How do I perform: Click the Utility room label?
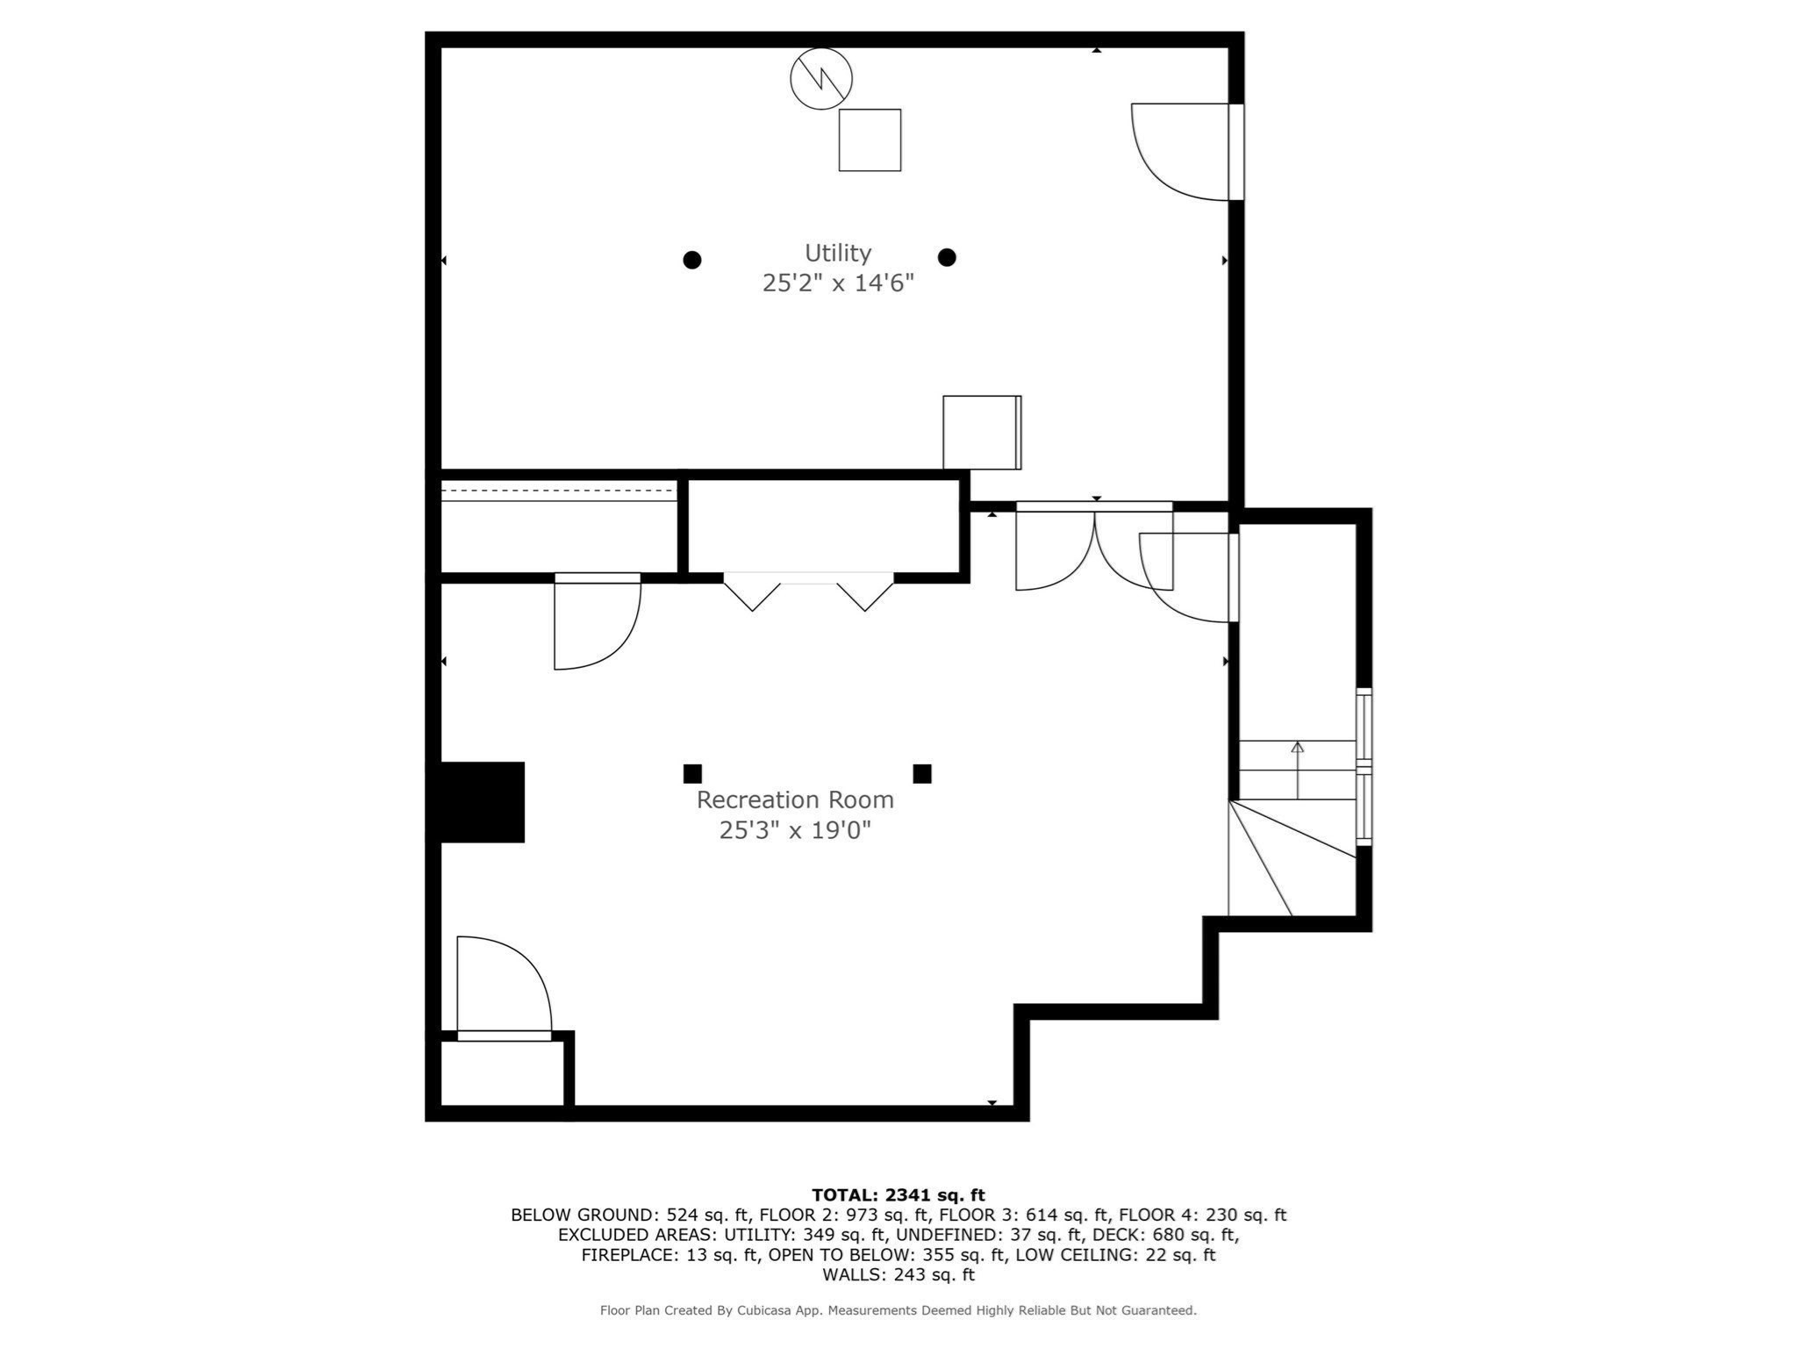click(837, 253)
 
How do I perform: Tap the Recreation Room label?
click(795, 799)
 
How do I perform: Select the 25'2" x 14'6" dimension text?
click(838, 283)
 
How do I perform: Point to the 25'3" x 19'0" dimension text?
click(795, 829)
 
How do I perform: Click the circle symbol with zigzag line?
click(821, 79)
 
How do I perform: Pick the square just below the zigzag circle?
click(870, 140)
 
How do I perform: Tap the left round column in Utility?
click(691, 260)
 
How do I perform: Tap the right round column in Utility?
click(946, 257)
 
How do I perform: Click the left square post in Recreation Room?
click(692, 773)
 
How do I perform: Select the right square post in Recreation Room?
click(921, 773)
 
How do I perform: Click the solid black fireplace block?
click(481, 802)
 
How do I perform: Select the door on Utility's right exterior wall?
click(1185, 151)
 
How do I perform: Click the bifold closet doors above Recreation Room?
click(808, 591)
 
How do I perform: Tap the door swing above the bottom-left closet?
click(504, 987)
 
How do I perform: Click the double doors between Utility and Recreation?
click(1093, 549)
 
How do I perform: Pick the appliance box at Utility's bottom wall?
click(981, 432)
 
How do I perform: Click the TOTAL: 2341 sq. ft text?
click(898, 1194)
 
